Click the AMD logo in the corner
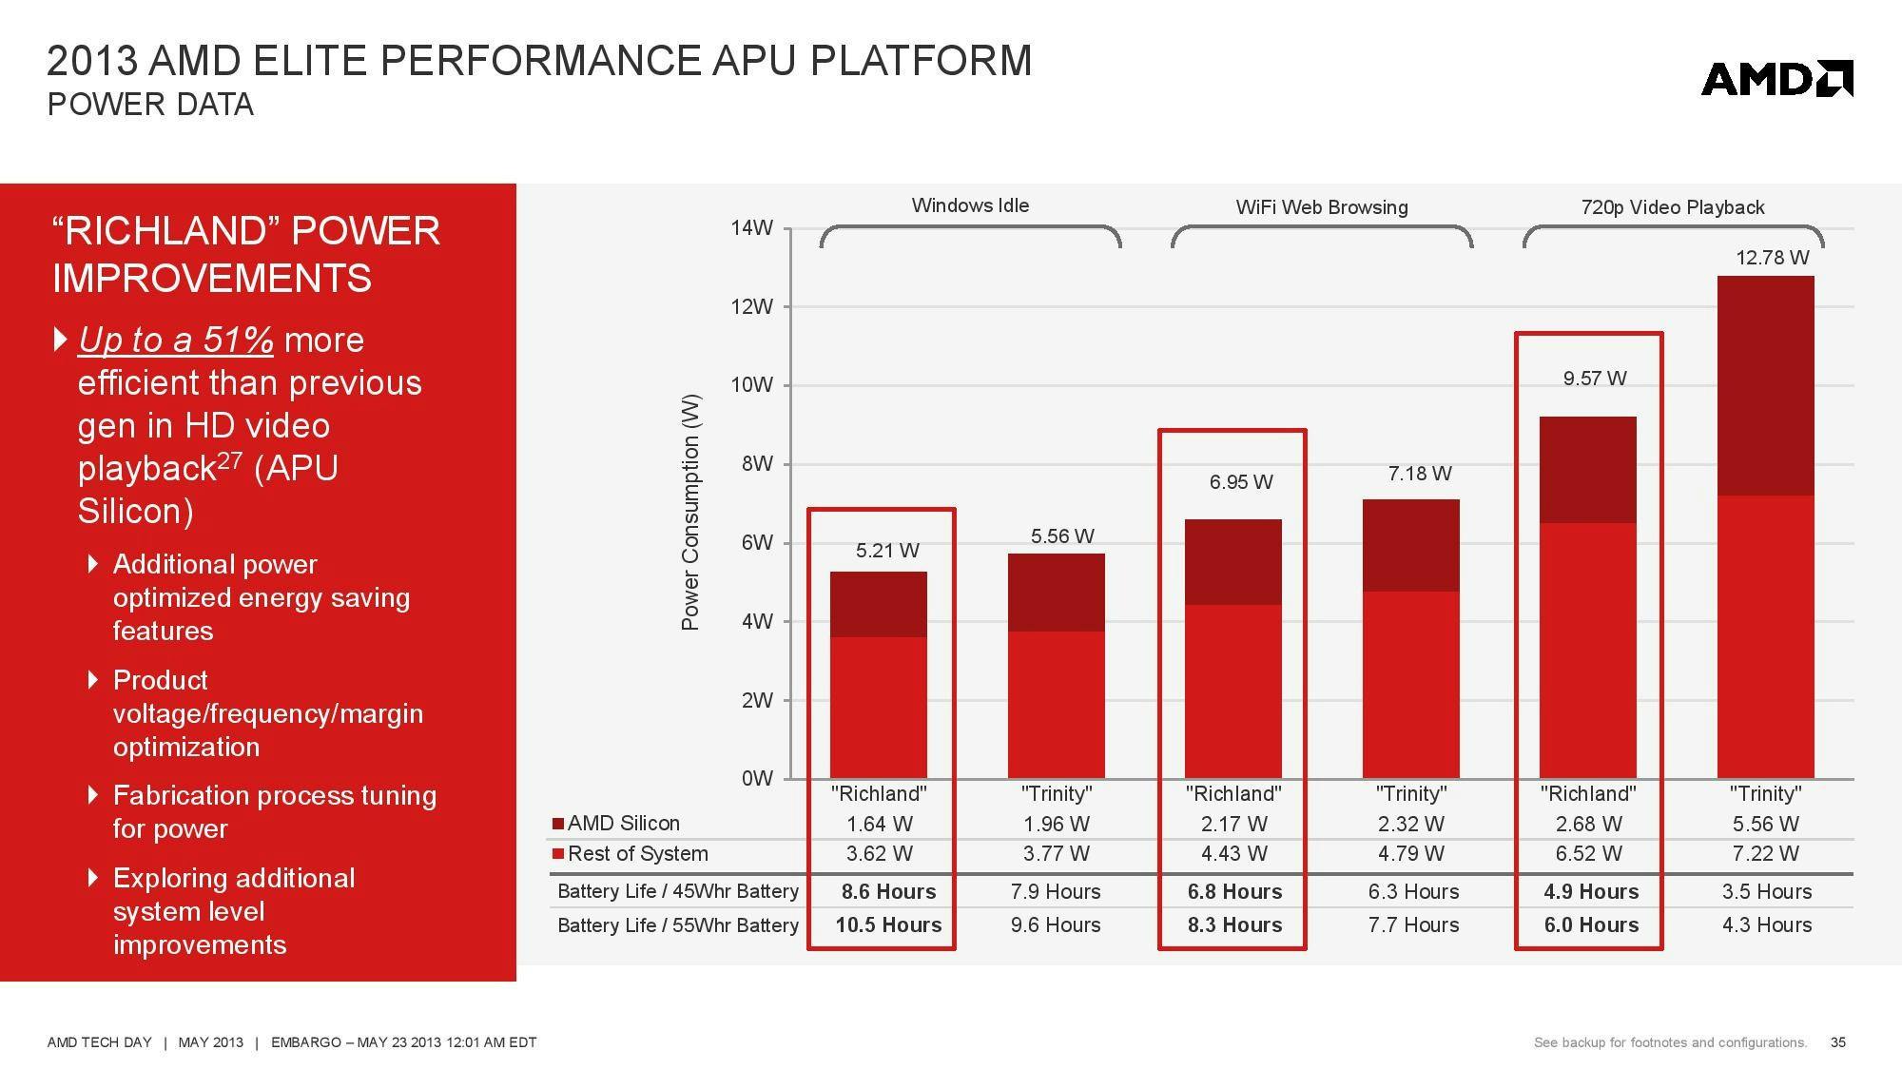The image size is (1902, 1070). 1776,78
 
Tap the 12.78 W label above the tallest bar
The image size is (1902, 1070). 1772,258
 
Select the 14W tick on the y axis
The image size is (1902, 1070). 751,228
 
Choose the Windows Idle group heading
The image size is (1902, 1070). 970,205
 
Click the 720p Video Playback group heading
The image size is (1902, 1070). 1672,207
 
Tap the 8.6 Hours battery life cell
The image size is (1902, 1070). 888,892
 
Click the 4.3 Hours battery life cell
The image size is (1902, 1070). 1766,924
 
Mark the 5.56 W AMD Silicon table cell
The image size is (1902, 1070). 1765,824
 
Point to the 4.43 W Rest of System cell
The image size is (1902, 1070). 1233,854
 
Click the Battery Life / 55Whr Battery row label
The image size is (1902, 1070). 677,924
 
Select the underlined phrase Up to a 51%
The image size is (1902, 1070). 176,340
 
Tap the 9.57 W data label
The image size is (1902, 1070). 1594,379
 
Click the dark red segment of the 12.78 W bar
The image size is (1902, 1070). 1765,385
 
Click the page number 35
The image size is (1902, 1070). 1837,1042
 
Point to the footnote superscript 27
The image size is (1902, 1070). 229,459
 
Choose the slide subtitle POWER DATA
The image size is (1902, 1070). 150,105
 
